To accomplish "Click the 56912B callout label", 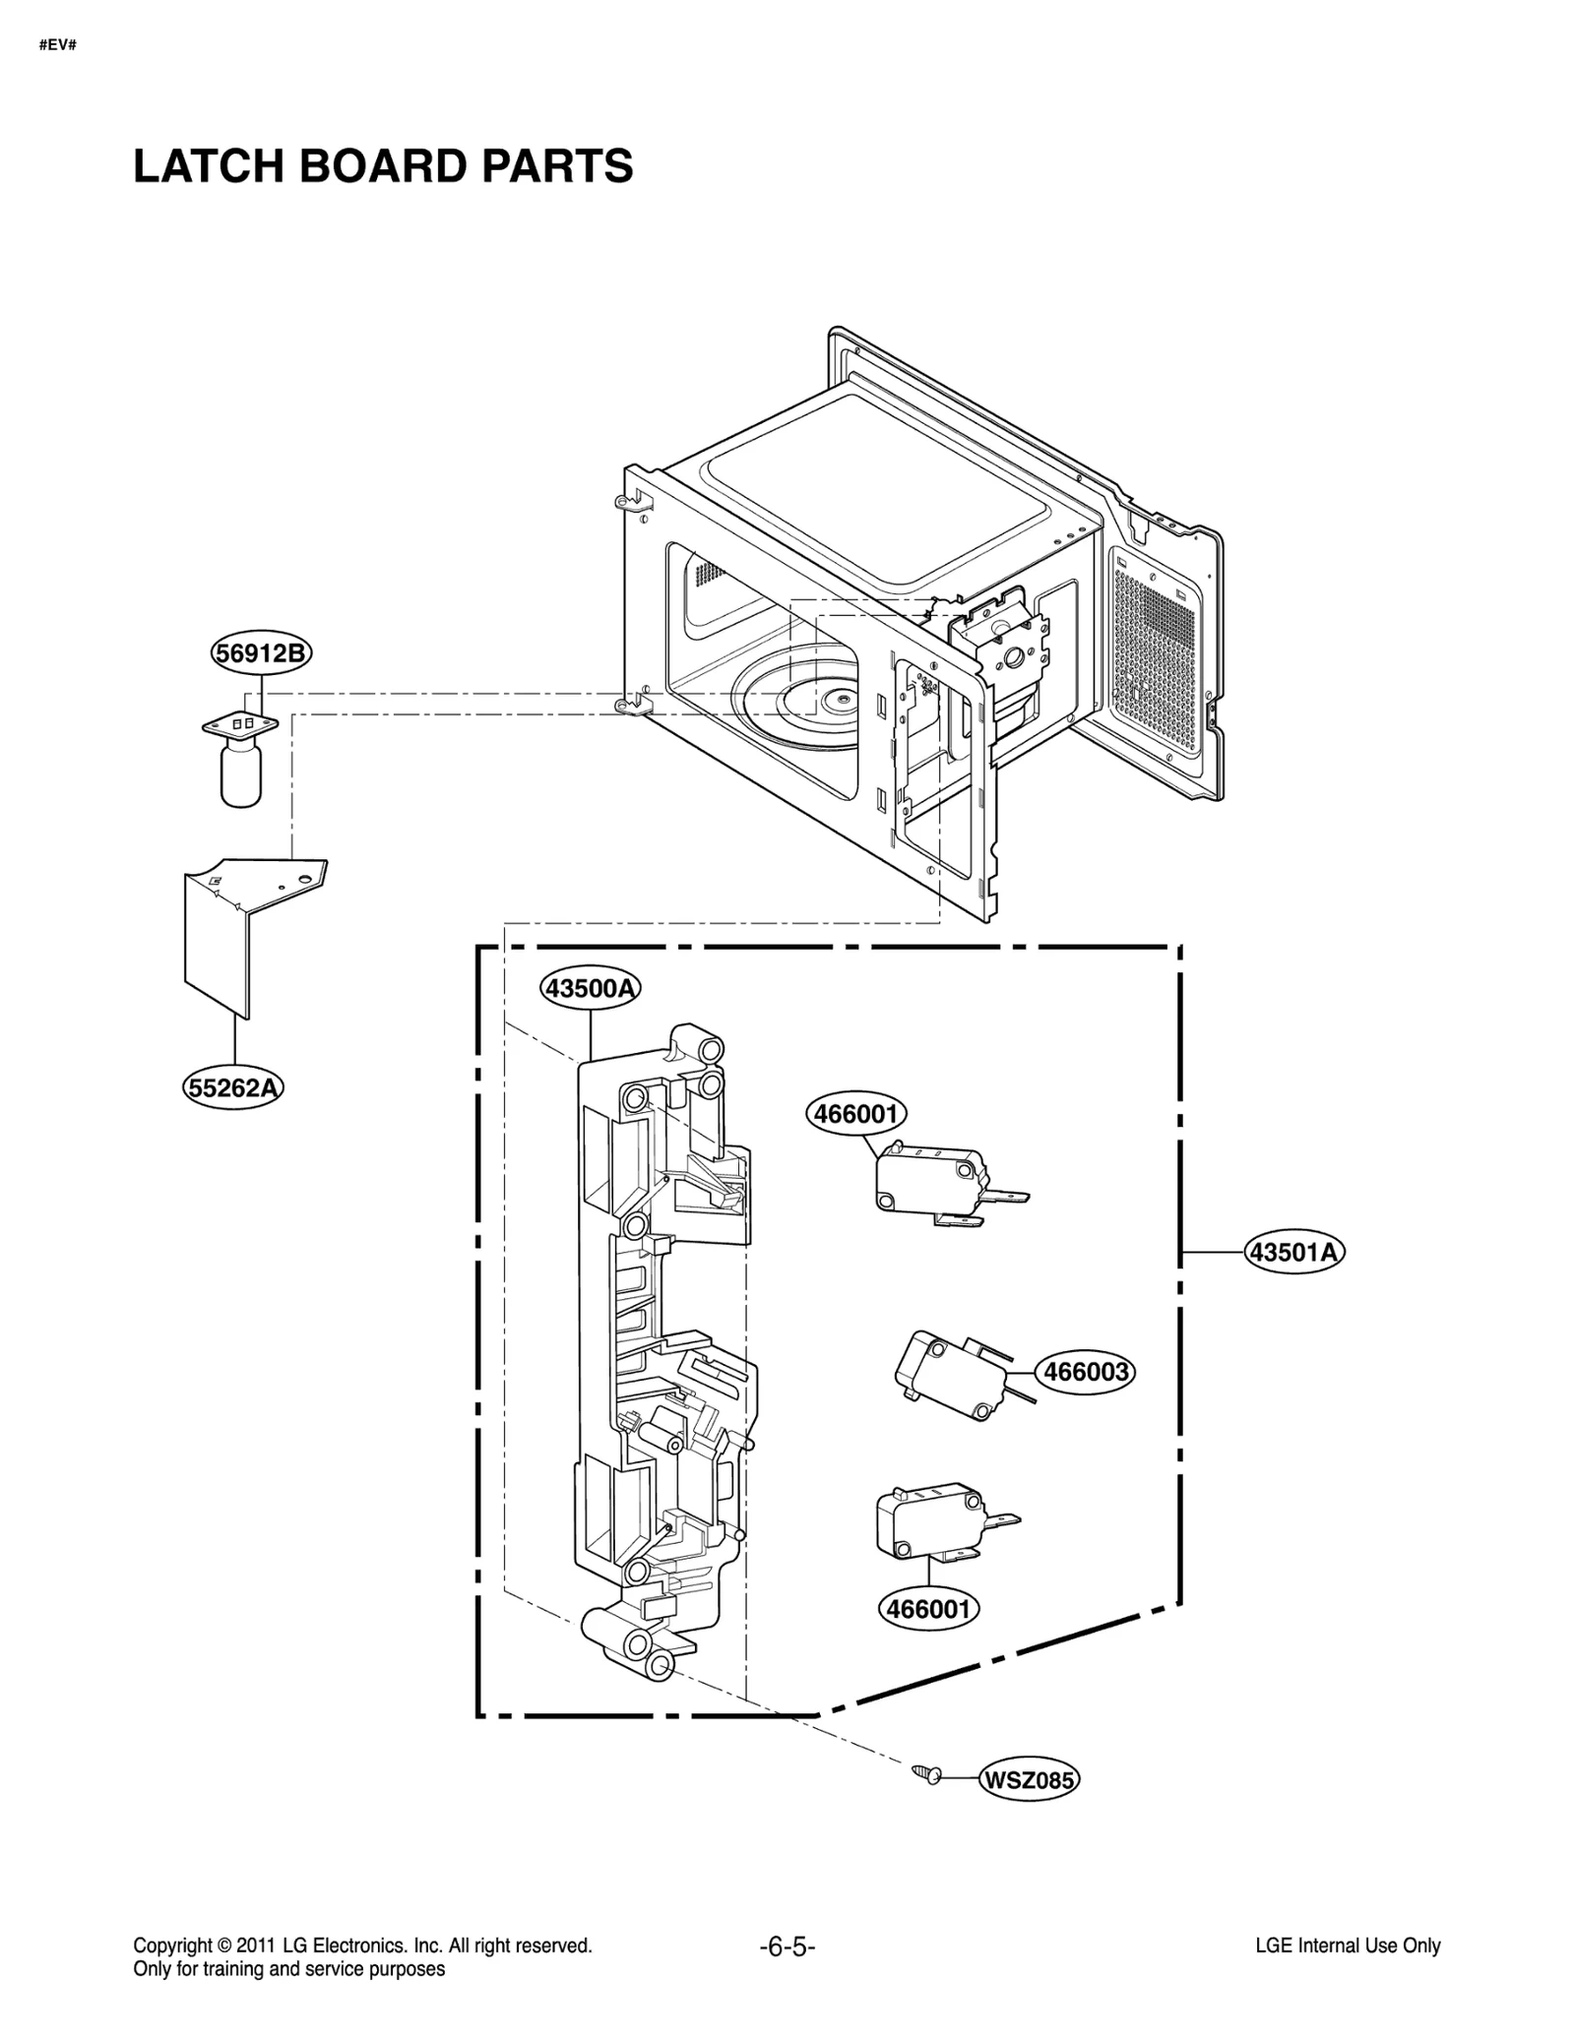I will (x=261, y=653).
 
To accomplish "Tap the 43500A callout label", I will (x=590, y=987).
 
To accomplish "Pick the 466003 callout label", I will (x=1085, y=1371).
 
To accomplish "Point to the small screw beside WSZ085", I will (x=925, y=1773).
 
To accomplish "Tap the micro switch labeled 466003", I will (x=950, y=1377).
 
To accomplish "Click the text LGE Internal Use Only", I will (x=1348, y=1946).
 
